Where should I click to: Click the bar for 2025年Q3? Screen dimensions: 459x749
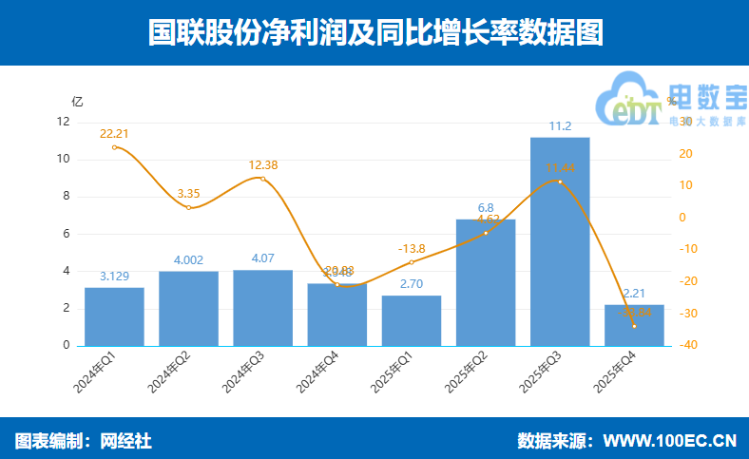pyautogui.click(x=560, y=241)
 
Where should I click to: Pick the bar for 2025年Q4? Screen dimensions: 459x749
pyautogui.click(x=634, y=325)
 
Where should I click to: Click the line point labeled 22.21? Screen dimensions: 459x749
pyautogui.click(x=114, y=147)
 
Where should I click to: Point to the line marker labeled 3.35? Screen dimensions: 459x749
pyautogui.click(x=188, y=207)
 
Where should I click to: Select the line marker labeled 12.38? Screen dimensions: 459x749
pyautogui.click(x=263, y=179)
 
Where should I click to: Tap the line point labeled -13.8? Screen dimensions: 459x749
pyautogui.click(x=412, y=262)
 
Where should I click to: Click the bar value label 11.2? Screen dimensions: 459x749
pyautogui.click(x=560, y=126)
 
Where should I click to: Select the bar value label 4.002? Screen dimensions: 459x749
pyautogui.click(x=188, y=260)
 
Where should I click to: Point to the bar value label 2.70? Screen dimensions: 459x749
pyautogui.click(x=412, y=284)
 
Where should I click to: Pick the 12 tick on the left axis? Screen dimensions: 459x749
pyautogui.click(x=64, y=122)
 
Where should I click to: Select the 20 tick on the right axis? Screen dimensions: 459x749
pyautogui.click(x=686, y=154)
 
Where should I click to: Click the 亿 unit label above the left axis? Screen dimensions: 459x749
pyautogui.click(x=77, y=101)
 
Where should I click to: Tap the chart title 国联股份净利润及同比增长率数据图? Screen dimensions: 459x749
pyautogui.click(x=374, y=33)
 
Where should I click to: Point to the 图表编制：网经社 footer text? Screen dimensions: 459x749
pyautogui.click(x=84, y=441)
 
